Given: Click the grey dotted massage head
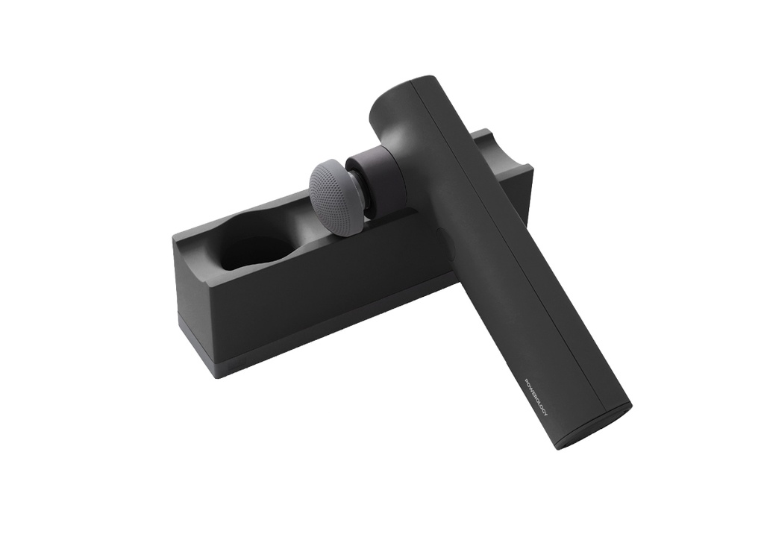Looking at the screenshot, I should [336, 198].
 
